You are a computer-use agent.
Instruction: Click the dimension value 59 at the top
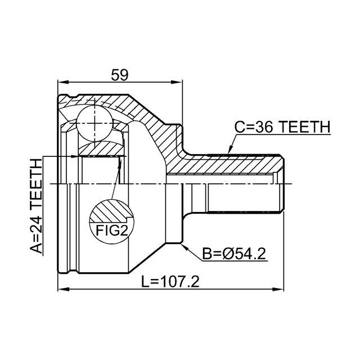[x=119, y=75]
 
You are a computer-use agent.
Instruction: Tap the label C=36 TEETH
[x=282, y=127]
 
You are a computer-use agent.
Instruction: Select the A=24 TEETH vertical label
[x=36, y=206]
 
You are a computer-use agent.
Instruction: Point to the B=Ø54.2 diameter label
[x=234, y=254]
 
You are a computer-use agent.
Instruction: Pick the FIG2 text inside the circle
[x=112, y=230]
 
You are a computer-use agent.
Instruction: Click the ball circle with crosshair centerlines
[x=95, y=123]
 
